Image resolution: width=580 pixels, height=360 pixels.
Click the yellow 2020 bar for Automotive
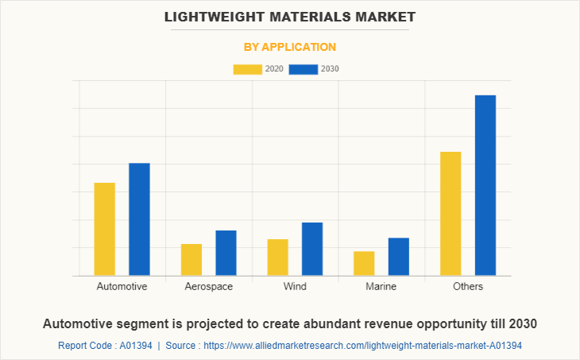coord(105,229)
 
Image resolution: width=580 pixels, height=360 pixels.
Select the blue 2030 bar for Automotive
coord(139,219)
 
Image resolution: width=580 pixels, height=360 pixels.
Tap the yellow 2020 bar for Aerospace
coord(191,259)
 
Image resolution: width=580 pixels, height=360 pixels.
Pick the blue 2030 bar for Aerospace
coord(226,253)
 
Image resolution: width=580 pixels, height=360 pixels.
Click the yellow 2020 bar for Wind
coord(278,257)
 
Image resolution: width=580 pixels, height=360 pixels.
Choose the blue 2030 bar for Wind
coord(312,249)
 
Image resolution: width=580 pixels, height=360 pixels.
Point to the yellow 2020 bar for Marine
coord(364,263)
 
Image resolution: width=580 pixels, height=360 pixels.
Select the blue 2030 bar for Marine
coord(399,257)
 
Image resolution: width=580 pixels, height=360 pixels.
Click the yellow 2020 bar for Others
coord(450,213)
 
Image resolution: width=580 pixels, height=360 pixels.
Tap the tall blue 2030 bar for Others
coord(485,185)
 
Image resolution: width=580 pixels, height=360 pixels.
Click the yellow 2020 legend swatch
coord(247,69)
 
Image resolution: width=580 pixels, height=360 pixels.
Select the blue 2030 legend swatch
coord(304,69)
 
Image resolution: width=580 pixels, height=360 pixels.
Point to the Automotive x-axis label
coord(122,286)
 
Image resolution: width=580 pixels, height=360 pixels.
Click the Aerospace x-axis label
coord(208,286)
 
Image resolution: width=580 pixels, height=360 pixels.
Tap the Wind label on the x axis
coord(295,286)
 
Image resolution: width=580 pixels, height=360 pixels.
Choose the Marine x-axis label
coord(381,286)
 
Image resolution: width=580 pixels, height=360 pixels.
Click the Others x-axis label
coord(468,286)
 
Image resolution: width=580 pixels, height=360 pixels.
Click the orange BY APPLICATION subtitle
coord(290,47)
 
